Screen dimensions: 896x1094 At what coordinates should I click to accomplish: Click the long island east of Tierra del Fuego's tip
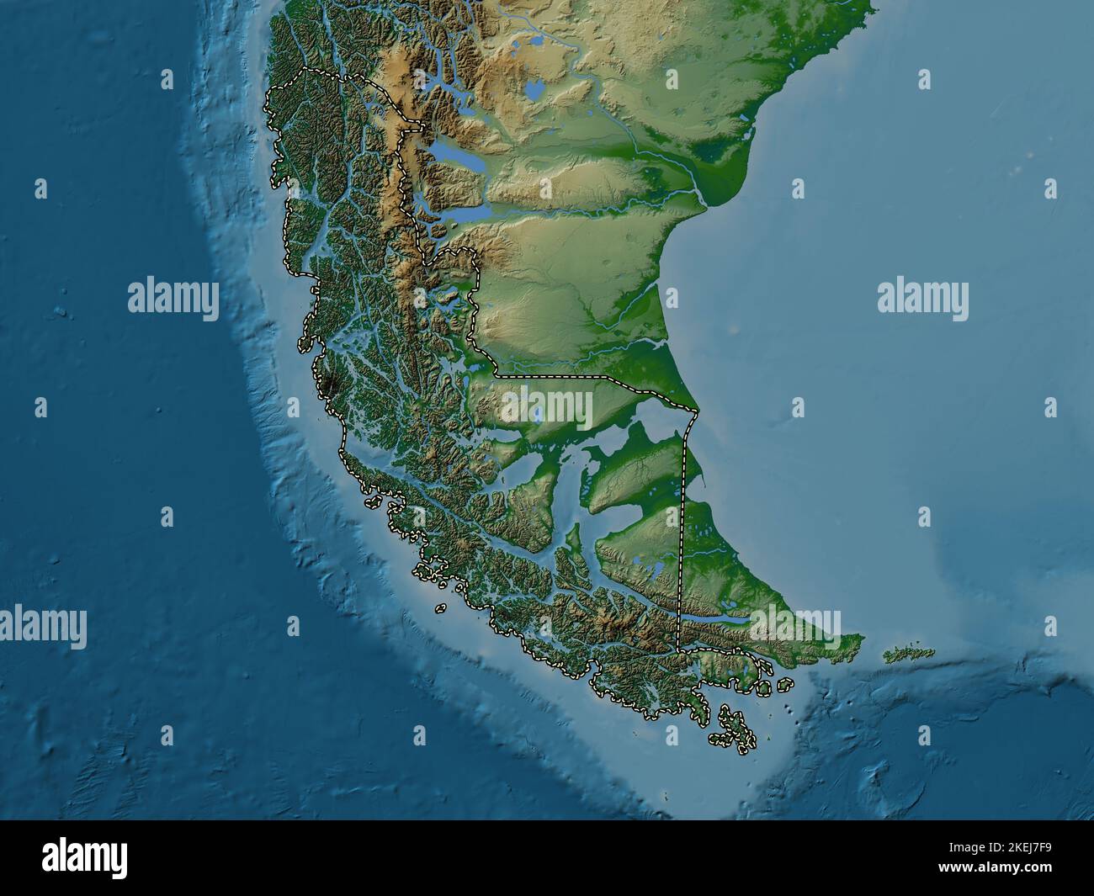pyautogui.click(x=910, y=654)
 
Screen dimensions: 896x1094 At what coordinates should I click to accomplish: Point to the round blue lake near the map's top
pyautogui.click(x=533, y=87)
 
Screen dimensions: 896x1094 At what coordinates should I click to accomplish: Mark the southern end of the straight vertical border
pyautogui.click(x=678, y=649)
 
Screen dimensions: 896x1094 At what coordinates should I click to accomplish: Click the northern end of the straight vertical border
pyautogui.click(x=696, y=412)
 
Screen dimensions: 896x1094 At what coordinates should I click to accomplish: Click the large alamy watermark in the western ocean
pyautogui.click(x=173, y=299)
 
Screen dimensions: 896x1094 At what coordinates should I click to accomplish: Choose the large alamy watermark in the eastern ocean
pyautogui.click(x=922, y=299)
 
